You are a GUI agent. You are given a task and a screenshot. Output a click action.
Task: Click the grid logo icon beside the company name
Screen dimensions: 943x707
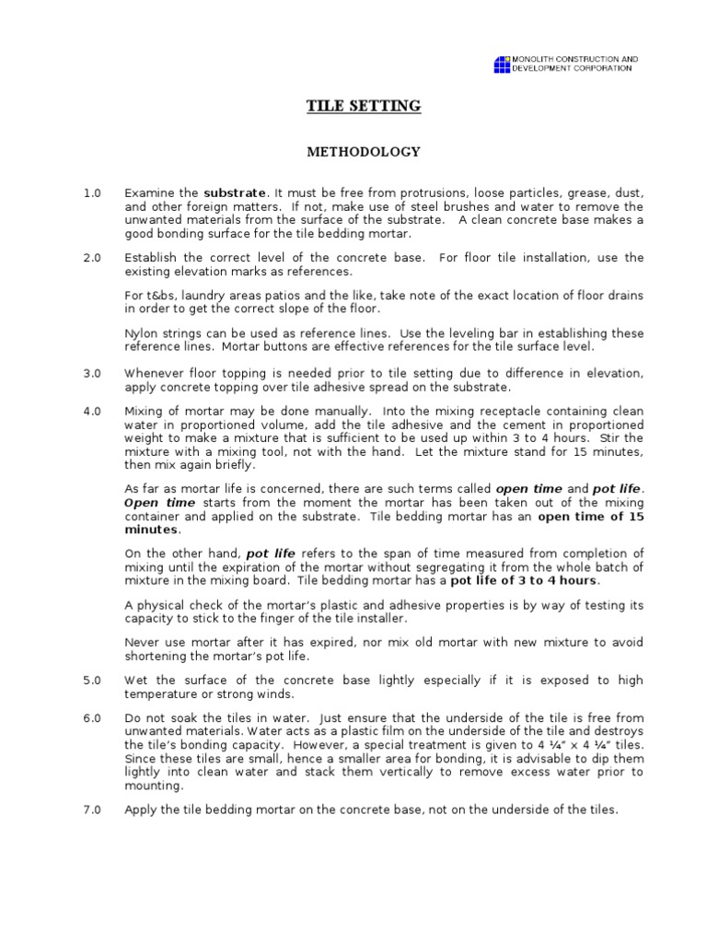point(502,64)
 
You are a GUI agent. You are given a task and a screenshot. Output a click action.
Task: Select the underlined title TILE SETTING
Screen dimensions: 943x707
point(363,107)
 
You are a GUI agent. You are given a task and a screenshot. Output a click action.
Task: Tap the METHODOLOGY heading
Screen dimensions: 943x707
point(363,152)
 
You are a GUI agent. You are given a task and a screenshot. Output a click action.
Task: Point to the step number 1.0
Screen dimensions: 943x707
point(90,193)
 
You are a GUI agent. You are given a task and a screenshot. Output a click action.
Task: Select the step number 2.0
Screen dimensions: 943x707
point(90,258)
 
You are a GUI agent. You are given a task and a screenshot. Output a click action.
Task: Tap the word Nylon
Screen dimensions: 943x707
point(141,332)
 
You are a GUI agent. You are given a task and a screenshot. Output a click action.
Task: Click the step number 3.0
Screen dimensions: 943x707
point(90,372)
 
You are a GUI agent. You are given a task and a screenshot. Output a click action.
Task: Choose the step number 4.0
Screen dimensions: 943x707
point(90,411)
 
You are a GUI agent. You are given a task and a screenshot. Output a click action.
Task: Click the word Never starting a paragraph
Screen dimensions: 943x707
point(142,642)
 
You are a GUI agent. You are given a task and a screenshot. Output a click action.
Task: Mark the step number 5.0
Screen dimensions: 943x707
point(90,680)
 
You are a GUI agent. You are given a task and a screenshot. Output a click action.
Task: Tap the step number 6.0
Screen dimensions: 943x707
point(90,718)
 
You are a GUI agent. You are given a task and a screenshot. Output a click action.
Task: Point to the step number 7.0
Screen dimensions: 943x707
point(90,809)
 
